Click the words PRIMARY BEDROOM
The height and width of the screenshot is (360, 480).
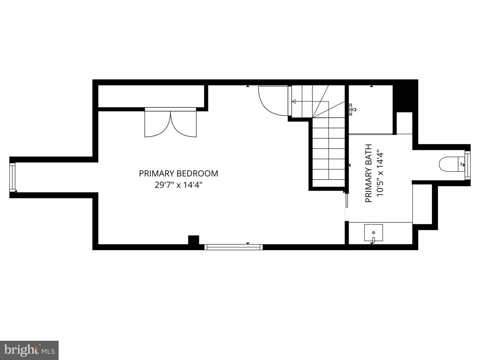click(x=178, y=173)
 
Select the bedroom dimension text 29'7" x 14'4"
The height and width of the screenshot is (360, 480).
click(x=178, y=185)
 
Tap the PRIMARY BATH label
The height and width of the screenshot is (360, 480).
click(x=368, y=173)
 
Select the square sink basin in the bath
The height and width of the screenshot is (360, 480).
click(x=373, y=233)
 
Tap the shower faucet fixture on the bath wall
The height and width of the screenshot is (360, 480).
click(x=352, y=109)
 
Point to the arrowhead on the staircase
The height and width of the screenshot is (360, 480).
click(x=294, y=102)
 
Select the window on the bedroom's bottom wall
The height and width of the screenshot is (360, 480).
click(x=233, y=247)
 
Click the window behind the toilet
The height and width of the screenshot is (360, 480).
click(x=467, y=164)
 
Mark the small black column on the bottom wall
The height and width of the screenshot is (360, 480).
click(x=193, y=240)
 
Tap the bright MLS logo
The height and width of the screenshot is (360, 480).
click(x=29, y=350)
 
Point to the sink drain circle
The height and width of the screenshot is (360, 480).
click(x=373, y=232)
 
